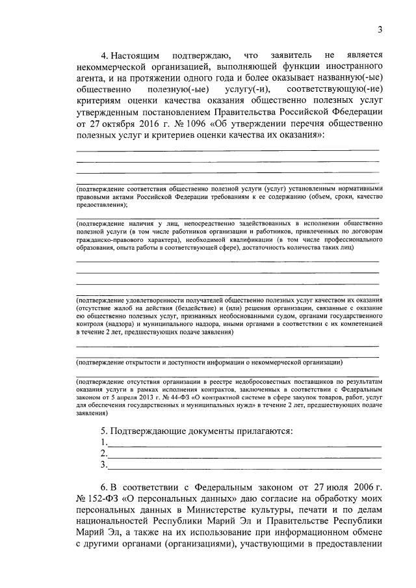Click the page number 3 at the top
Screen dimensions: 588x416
[x=380, y=28]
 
